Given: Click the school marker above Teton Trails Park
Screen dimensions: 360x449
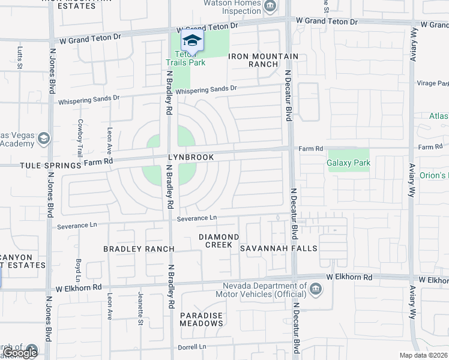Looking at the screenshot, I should (x=192, y=41).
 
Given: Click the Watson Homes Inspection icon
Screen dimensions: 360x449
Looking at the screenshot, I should (x=271, y=7).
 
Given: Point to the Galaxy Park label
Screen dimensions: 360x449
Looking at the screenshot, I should (x=348, y=163).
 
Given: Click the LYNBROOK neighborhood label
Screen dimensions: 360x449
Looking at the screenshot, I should (x=191, y=157).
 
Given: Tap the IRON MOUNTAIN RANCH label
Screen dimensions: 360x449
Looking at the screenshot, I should (x=263, y=60).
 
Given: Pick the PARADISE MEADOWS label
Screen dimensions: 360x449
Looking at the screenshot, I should (x=201, y=319).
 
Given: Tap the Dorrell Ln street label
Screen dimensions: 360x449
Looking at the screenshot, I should (x=191, y=347).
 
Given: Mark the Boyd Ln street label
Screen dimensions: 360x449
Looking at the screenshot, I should (x=78, y=270).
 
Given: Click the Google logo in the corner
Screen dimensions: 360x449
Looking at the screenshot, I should (x=20, y=353).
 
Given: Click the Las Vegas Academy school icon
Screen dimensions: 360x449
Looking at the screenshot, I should (x=43, y=139).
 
